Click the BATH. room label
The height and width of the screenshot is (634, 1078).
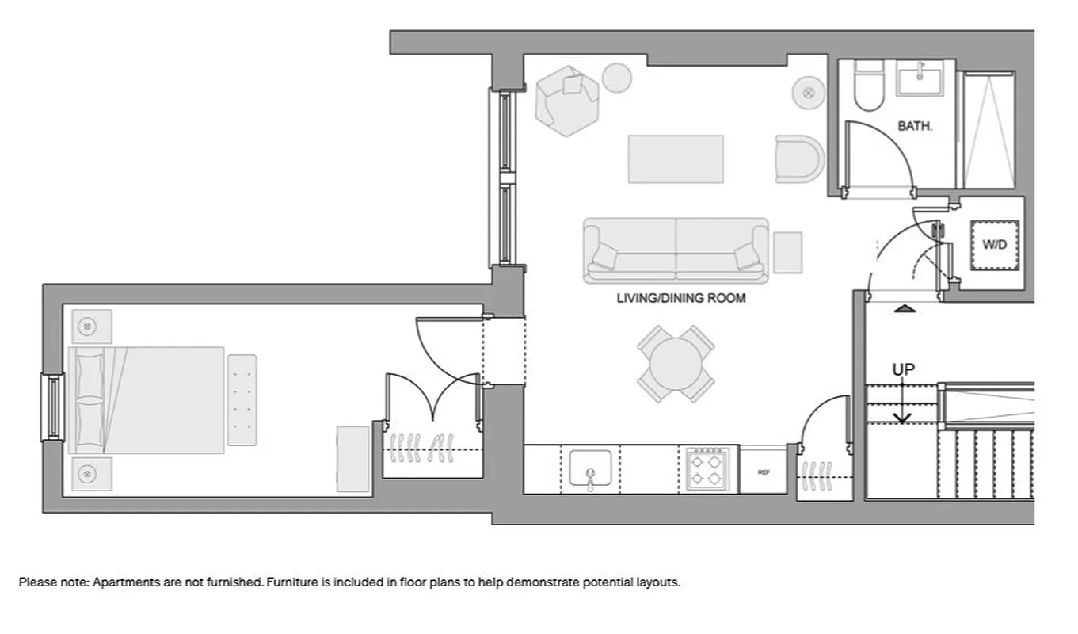click(x=914, y=126)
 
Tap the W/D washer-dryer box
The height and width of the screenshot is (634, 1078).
click(x=994, y=245)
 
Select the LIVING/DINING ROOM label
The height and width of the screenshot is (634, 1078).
click(x=681, y=299)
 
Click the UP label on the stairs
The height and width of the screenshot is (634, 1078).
click(x=903, y=370)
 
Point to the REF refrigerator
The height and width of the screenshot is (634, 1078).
click(x=764, y=472)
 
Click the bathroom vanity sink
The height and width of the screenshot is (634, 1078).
click(x=920, y=78)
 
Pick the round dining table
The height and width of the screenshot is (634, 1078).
click(x=675, y=364)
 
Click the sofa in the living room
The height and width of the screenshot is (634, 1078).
click(x=676, y=250)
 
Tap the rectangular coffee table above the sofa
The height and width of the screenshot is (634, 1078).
click(x=676, y=158)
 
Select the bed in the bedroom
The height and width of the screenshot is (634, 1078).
click(x=147, y=399)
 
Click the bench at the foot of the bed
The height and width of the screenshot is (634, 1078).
click(x=242, y=399)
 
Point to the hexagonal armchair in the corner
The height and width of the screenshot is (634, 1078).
click(x=566, y=99)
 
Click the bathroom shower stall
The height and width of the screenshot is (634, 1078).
click(x=988, y=131)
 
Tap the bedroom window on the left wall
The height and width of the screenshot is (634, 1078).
click(x=52, y=407)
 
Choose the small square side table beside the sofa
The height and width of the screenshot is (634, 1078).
click(x=787, y=252)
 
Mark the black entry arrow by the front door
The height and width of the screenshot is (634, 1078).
click(x=905, y=308)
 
